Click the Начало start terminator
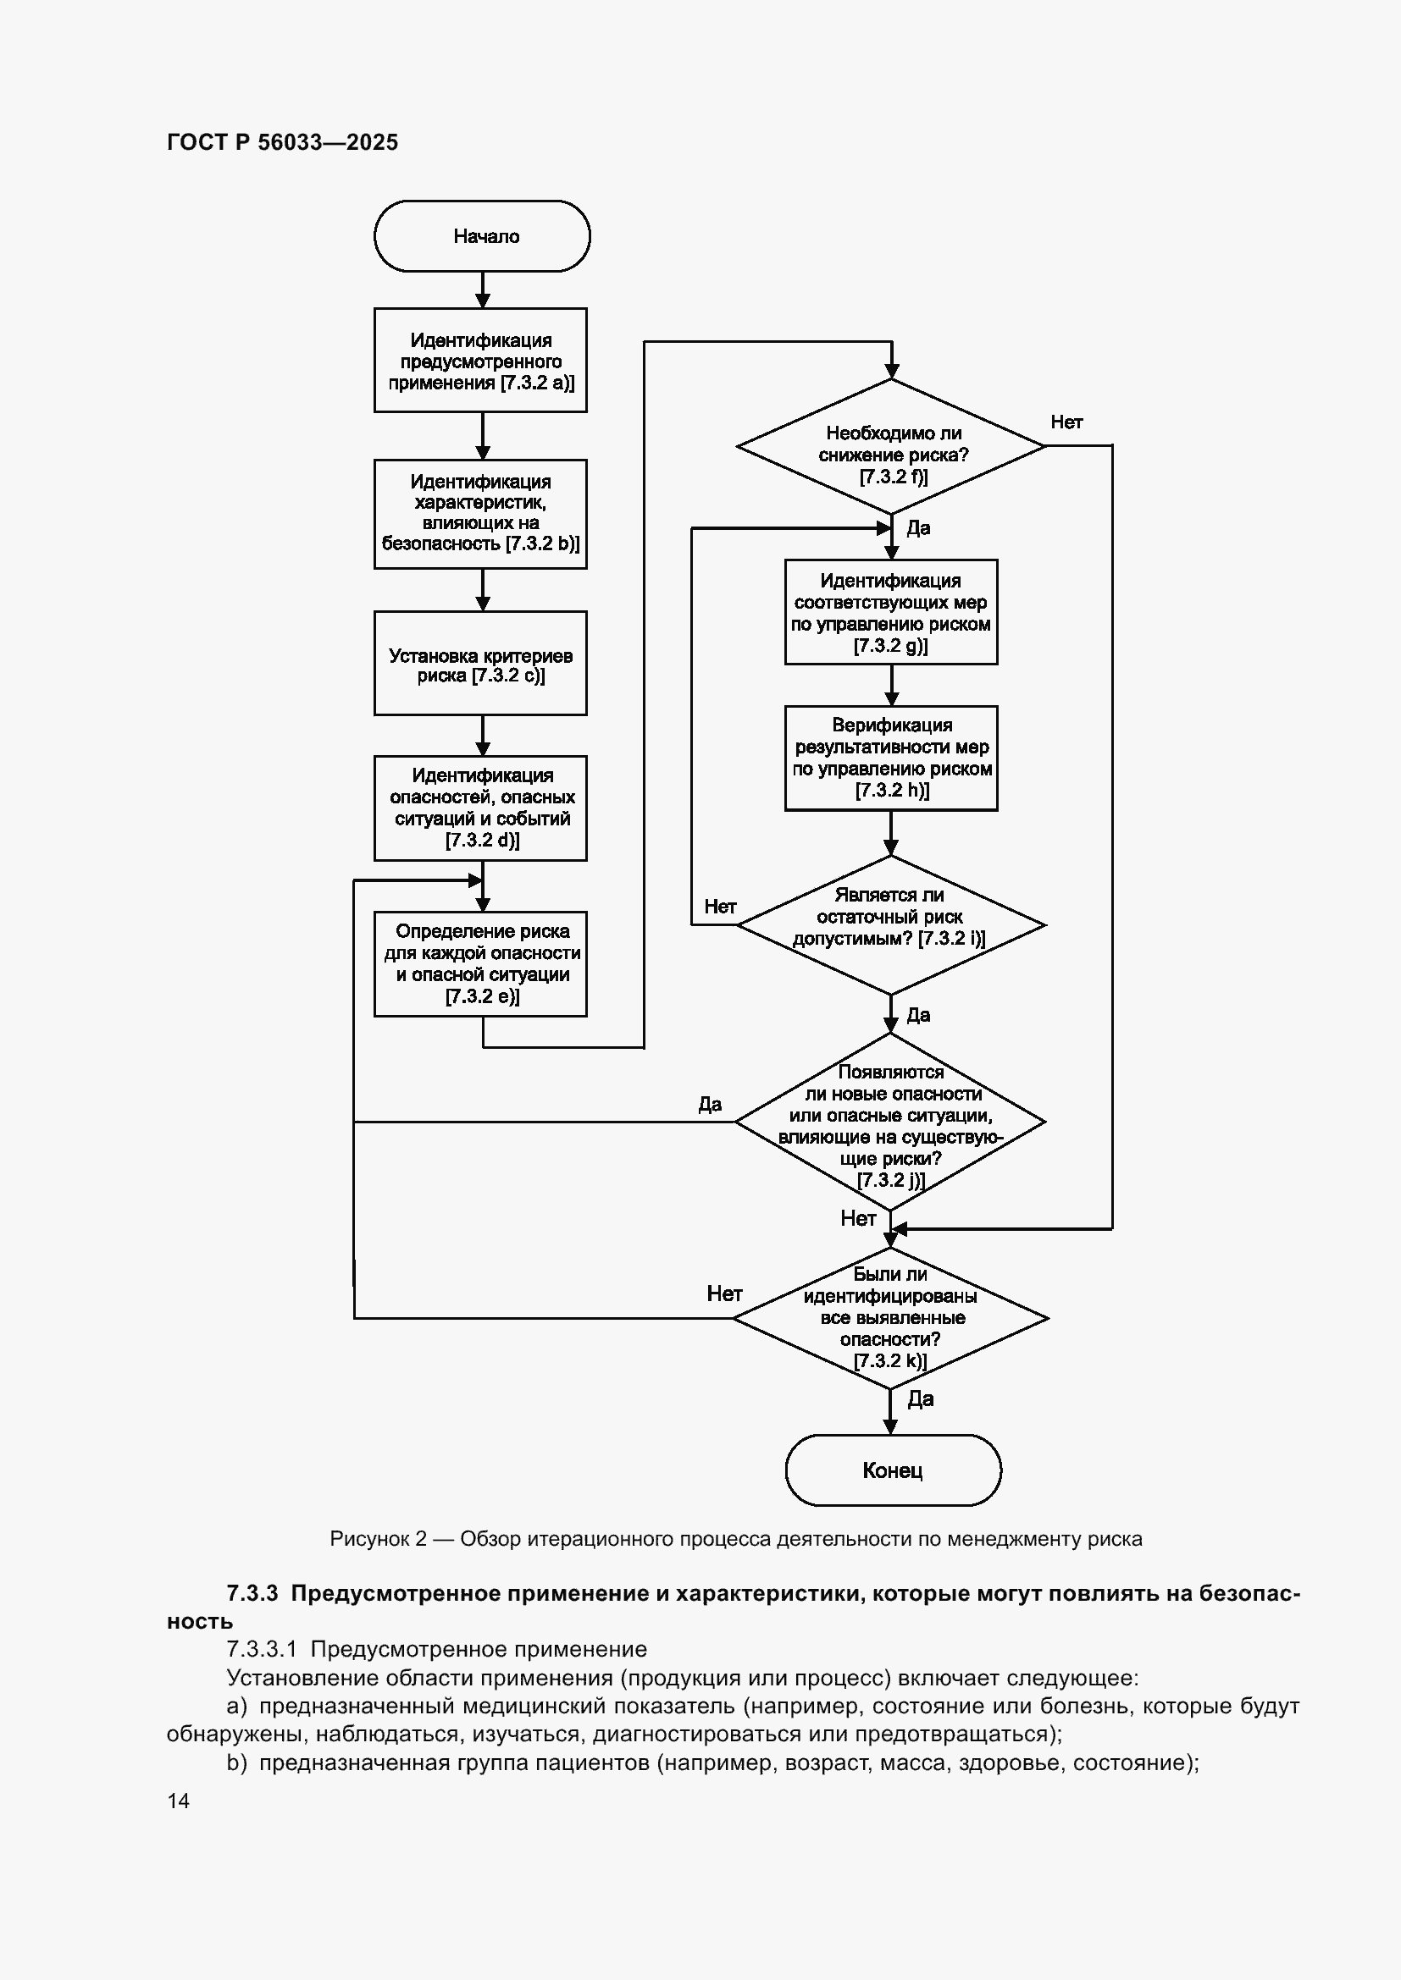pyautogui.click(x=482, y=236)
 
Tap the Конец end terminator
pyautogui.click(x=893, y=1470)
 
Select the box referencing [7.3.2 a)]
pyautogui.click(x=480, y=361)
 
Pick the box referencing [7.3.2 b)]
pyautogui.click(x=480, y=514)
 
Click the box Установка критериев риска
pyautogui.click(x=480, y=663)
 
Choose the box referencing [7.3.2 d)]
pyautogui.click(x=480, y=808)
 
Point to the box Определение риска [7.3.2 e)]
pyautogui.click(x=480, y=964)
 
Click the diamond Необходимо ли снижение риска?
pyautogui.click(x=891, y=446)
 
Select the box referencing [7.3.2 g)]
pyautogui.click(x=891, y=612)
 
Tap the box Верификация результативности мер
pyautogui.click(x=891, y=758)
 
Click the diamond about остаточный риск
pyautogui.click(x=891, y=924)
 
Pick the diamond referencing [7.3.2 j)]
pyautogui.click(x=890, y=1122)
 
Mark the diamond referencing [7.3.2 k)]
pyautogui.click(x=890, y=1318)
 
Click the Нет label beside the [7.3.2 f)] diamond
pyautogui.click(x=1066, y=422)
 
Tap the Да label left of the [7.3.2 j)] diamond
pyautogui.click(x=710, y=1105)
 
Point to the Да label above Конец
pyautogui.click(x=921, y=1398)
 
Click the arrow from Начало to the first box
pyautogui.click(x=483, y=290)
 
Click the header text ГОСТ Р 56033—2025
pyautogui.click(x=283, y=142)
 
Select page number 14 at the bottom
pyautogui.click(x=179, y=1801)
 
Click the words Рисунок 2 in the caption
pyautogui.click(x=379, y=1539)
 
